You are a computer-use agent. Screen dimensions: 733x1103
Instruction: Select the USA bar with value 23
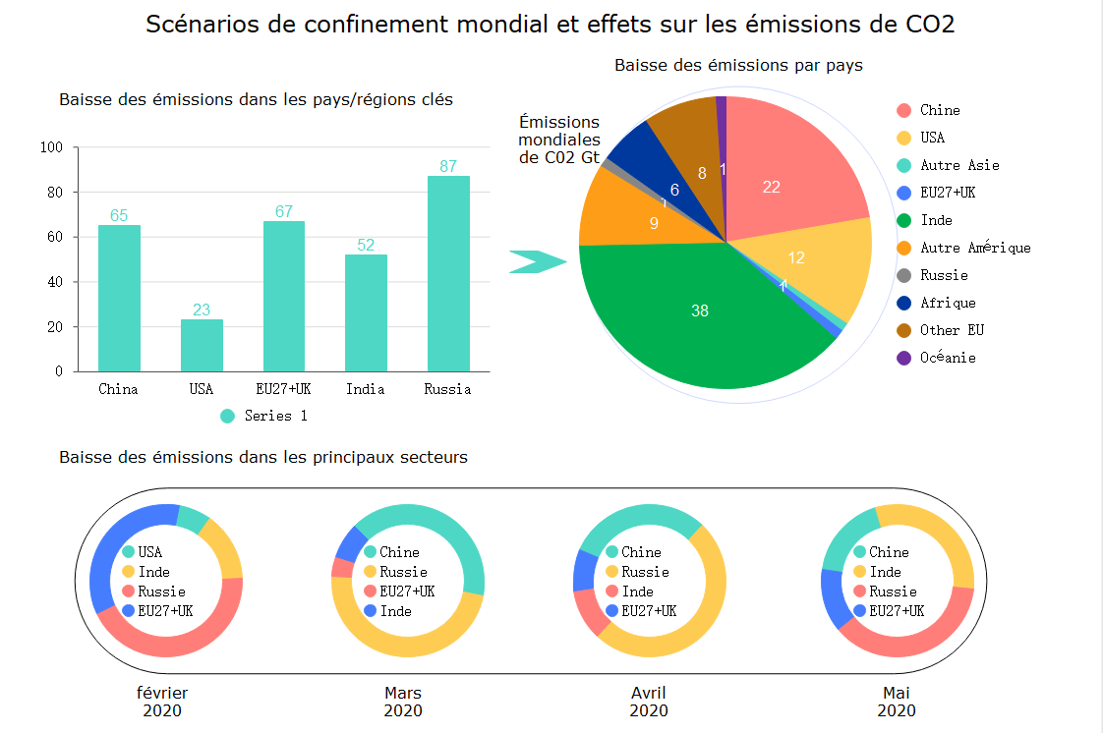click(202, 345)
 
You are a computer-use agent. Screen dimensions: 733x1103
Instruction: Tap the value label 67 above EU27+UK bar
click(284, 212)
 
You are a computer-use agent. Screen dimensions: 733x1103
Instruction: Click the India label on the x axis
click(366, 389)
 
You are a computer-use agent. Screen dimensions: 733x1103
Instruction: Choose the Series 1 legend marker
click(228, 416)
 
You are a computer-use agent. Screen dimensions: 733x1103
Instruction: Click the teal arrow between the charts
click(538, 261)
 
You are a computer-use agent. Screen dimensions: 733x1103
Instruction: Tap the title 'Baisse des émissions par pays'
click(738, 66)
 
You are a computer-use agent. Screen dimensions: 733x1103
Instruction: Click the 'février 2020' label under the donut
click(162, 702)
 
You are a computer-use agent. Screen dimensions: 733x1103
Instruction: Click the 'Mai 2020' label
click(897, 702)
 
